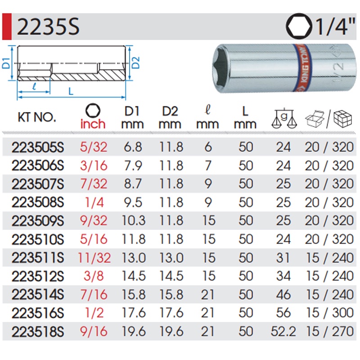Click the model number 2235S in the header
pyautogui.click(x=48, y=27)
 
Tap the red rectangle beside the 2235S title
pyautogui.click(x=7, y=27)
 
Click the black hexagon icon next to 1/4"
pyautogui.click(x=299, y=26)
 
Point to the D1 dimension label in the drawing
pyautogui.click(x=6, y=63)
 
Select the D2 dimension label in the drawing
pyautogui.click(x=136, y=63)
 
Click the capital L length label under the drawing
pyautogui.click(x=71, y=91)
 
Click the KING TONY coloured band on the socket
pyautogui.click(x=302, y=68)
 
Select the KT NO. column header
pyautogui.click(x=37, y=117)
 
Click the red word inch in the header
pyautogui.click(x=93, y=124)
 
